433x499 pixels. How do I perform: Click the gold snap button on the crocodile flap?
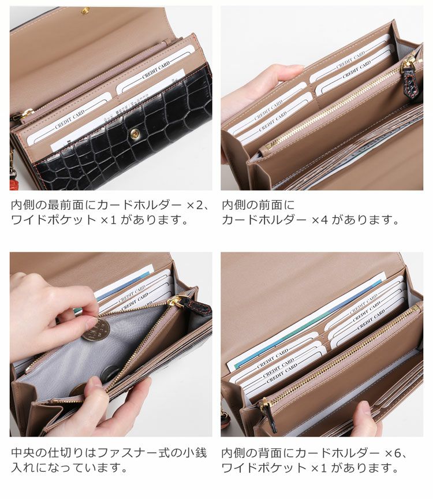[135, 134]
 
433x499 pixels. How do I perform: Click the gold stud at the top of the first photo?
[85, 11]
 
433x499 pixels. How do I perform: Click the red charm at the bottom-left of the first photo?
[14, 184]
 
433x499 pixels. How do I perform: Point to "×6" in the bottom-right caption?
[393, 453]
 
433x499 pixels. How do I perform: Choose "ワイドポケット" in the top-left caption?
[54, 220]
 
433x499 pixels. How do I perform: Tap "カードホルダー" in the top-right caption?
[264, 220]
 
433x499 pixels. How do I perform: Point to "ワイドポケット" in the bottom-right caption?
[264, 468]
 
